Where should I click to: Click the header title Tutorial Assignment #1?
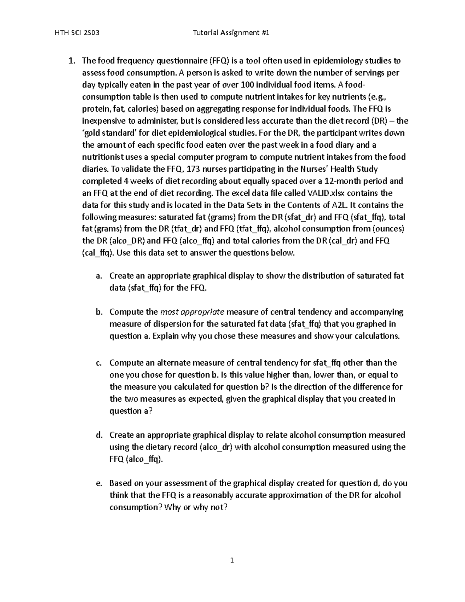click(x=231, y=33)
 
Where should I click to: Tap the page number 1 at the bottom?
click(x=232, y=560)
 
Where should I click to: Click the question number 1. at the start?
click(x=71, y=61)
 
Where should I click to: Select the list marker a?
click(x=99, y=276)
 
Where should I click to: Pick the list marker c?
click(x=99, y=363)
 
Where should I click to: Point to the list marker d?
click(x=99, y=435)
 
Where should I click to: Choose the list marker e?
click(x=99, y=483)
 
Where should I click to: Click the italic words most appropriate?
click(x=192, y=312)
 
